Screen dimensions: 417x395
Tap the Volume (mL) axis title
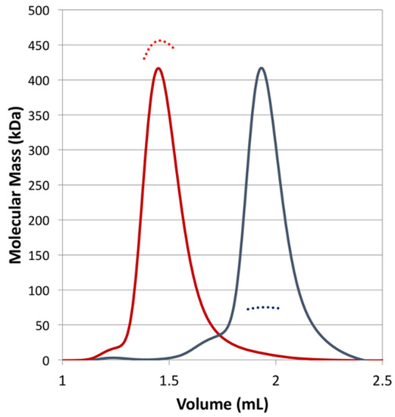point(221,401)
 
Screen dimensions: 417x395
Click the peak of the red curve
point(158,68)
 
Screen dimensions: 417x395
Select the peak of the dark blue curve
point(262,68)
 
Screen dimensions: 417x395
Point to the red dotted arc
point(159,42)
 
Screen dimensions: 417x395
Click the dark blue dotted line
point(263,307)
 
